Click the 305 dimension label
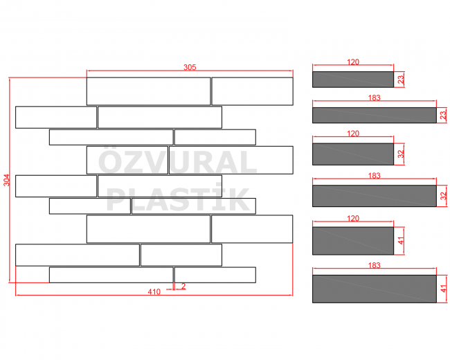click(x=190, y=67)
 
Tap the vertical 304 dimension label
click(x=7, y=180)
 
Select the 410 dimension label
click(x=154, y=291)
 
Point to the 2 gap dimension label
click(x=183, y=286)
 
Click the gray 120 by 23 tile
click(x=353, y=80)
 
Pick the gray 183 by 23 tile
click(x=375, y=116)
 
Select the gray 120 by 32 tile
click(x=353, y=154)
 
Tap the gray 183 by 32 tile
click(x=375, y=196)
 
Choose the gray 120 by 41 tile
click(x=353, y=241)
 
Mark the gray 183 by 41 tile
click(x=375, y=289)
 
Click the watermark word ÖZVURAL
click(x=177, y=162)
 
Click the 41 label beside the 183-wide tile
click(x=444, y=289)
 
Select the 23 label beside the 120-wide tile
click(x=401, y=80)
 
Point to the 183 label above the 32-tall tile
click(x=375, y=175)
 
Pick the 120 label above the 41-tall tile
click(x=353, y=219)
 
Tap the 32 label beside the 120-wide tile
click(x=401, y=154)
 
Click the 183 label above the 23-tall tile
click(x=375, y=98)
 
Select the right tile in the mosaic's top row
click(x=253, y=91)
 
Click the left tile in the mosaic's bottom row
click(x=111, y=275)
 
